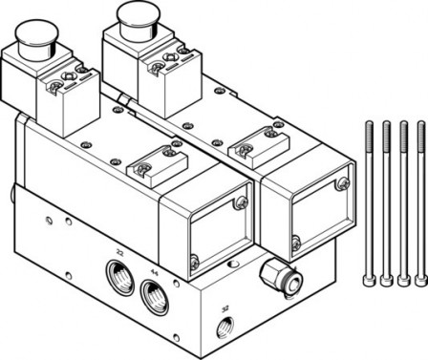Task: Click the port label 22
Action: pyautogui.click(x=119, y=251)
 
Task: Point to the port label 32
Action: pyautogui.click(x=225, y=308)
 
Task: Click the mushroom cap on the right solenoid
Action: pyautogui.click(x=134, y=13)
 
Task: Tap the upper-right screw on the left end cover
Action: pyautogui.click(x=240, y=203)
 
